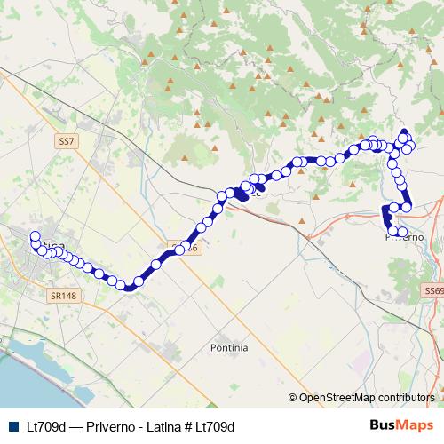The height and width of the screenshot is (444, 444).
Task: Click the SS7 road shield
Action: click(x=66, y=141)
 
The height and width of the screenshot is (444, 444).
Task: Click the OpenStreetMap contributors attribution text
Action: click(x=366, y=397)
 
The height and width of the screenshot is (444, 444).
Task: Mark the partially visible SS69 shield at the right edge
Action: click(x=435, y=290)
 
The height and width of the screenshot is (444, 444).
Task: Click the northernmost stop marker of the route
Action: click(x=404, y=134)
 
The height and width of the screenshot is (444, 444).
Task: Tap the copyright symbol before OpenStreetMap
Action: click(x=293, y=397)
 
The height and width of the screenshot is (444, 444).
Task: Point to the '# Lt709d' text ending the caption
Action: click(x=210, y=426)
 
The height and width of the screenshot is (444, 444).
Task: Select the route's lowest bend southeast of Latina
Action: click(x=130, y=286)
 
